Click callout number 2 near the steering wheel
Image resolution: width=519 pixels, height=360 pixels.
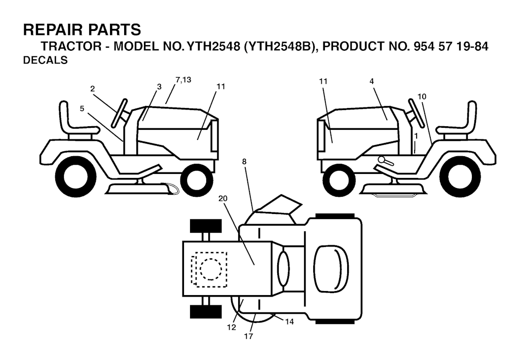[x=92, y=89]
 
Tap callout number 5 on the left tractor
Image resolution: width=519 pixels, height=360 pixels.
[x=82, y=109]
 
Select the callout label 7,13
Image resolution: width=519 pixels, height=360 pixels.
[x=183, y=80]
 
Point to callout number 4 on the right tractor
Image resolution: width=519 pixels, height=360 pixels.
[x=372, y=81]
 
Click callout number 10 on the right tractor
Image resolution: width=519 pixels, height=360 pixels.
[x=422, y=97]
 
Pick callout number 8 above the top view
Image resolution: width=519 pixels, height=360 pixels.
[x=244, y=162]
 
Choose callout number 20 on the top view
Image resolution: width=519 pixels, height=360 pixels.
[x=223, y=198]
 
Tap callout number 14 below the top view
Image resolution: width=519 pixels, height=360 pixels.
[x=289, y=321]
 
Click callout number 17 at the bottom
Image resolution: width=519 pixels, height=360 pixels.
[x=248, y=336]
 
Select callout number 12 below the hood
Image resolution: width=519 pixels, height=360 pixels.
[x=231, y=327]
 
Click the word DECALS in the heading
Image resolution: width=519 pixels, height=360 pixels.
[x=45, y=60]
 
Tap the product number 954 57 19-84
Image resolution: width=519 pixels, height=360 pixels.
[x=451, y=46]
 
